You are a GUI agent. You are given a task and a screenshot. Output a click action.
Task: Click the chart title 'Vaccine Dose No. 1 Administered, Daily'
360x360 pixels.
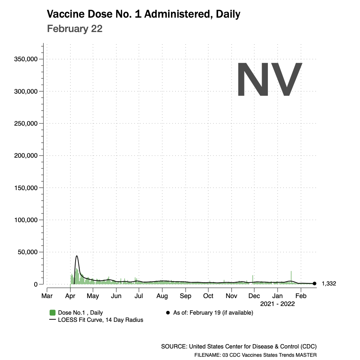click(x=144, y=14)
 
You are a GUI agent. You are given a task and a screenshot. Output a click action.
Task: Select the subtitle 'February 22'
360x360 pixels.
click(x=75, y=29)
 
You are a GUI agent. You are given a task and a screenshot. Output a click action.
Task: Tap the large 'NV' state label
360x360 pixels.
click(x=269, y=80)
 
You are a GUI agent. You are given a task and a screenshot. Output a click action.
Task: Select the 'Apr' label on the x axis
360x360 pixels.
click(x=70, y=296)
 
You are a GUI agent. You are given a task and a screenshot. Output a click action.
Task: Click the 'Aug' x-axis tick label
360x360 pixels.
click(x=162, y=296)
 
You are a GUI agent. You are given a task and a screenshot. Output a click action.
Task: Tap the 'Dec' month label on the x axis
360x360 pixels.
click(x=254, y=296)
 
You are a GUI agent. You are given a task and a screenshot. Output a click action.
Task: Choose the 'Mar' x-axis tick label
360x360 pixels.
click(x=47, y=296)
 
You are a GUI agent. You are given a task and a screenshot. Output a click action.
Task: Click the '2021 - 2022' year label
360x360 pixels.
click(x=277, y=304)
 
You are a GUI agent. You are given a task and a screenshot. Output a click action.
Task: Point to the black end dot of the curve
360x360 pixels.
click(x=314, y=284)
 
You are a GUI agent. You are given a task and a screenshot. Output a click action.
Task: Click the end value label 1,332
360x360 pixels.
click(x=329, y=284)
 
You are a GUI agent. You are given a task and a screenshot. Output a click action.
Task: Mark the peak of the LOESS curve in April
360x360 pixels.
click(x=77, y=256)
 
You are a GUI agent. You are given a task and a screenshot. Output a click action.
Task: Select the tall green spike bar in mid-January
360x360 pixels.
click(x=291, y=277)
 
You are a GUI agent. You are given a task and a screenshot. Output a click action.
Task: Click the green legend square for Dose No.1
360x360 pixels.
click(x=53, y=312)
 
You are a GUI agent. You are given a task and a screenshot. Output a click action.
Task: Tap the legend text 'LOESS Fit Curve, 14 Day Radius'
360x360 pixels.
click(x=100, y=320)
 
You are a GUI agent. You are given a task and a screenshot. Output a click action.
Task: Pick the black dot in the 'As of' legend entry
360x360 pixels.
click(x=168, y=312)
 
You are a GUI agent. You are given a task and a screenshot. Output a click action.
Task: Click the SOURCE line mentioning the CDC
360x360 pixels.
click(x=239, y=347)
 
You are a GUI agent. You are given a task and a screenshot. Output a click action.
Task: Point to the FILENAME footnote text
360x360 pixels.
click(x=255, y=355)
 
